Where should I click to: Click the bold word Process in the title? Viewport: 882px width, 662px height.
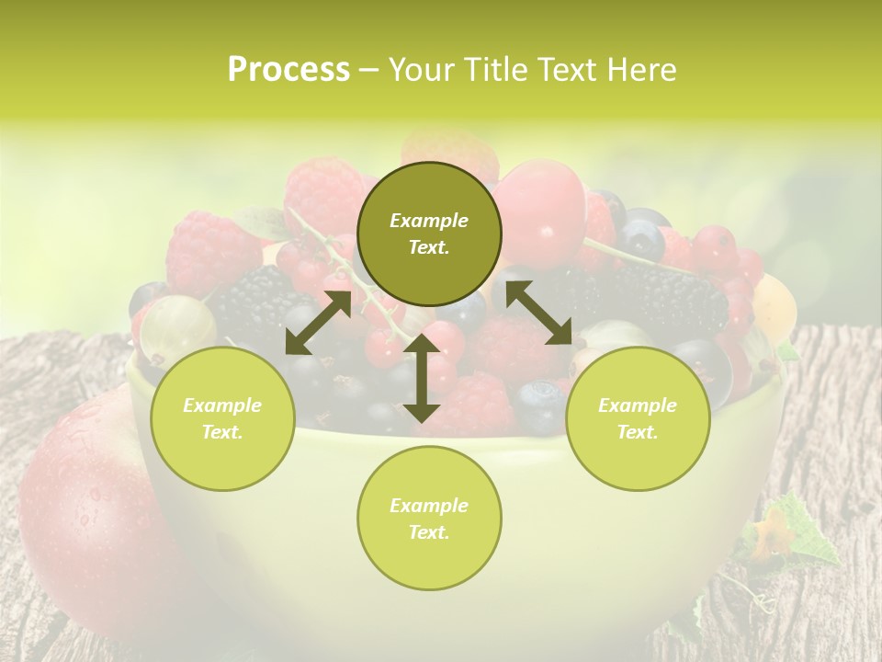288,70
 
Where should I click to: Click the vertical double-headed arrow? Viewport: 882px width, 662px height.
422,378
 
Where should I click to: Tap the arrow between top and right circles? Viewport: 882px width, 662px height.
538,313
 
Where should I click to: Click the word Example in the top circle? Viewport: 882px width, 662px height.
429,221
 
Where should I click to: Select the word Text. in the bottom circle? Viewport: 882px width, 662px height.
429,532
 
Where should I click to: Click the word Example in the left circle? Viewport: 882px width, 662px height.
222,405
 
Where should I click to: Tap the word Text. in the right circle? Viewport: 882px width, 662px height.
637,432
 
